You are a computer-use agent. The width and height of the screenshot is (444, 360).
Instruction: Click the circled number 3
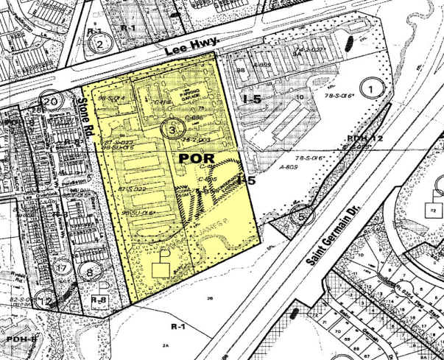pos(172,129)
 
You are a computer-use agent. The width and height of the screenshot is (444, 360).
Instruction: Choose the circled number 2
pos(99,43)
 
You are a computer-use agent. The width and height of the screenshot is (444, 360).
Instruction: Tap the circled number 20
pos(51,102)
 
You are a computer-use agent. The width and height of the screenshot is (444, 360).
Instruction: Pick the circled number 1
pos(376,90)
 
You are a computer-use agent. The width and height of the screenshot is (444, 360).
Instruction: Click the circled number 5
pos(300,216)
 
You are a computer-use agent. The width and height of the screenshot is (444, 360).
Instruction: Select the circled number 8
pos(91,272)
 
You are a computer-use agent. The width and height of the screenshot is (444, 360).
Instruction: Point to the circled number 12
pos(46,300)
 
